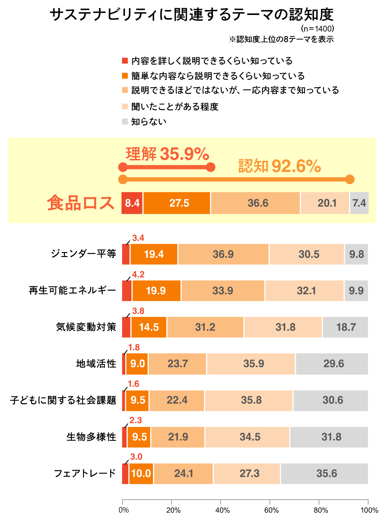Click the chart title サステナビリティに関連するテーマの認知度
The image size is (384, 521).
[x=191, y=15]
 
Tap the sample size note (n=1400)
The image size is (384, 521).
[x=317, y=29]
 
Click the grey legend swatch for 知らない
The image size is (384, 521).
[x=125, y=122]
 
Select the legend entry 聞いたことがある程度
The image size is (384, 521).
[x=175, y=107]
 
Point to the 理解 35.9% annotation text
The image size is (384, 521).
[x=167, y=154]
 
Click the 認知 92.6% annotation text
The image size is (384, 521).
[x=280, y=167]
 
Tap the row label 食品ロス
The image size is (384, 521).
[x=81, y=203]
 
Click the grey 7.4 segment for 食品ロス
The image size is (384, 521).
[x=359, y=203]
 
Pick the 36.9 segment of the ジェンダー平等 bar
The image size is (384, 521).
[x=223, y=254]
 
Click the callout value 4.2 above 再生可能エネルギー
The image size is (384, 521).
[x=138, y=275]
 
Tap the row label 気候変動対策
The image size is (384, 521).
[x=86, y=327]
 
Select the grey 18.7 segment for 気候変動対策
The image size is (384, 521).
[x=345, y=327]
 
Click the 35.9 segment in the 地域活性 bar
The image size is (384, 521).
[x=251, y=364]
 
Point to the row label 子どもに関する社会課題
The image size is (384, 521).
[x=63, y=401]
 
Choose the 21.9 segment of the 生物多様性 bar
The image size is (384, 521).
[x=178, y=437]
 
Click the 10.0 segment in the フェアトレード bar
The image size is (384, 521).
[x=141, y=473]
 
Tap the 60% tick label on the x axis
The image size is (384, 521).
[x=272, y=510]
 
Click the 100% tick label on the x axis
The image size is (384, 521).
[x=369, y=510]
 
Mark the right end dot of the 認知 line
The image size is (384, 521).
[x=349, y=179]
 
